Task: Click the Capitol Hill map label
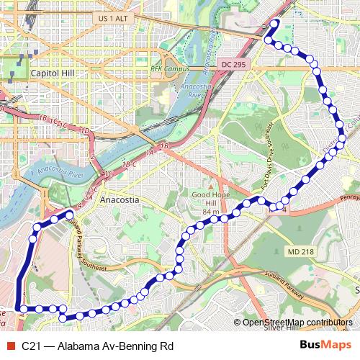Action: tap(50, 73)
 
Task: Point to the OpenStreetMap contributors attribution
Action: tap(297, 323)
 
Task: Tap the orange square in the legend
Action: tap(10, 346)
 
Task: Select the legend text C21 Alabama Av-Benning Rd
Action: tap(97, 346)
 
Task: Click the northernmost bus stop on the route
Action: tap(274, 23)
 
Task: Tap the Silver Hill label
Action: tap(281, 329)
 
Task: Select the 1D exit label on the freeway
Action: tap(85, 131)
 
